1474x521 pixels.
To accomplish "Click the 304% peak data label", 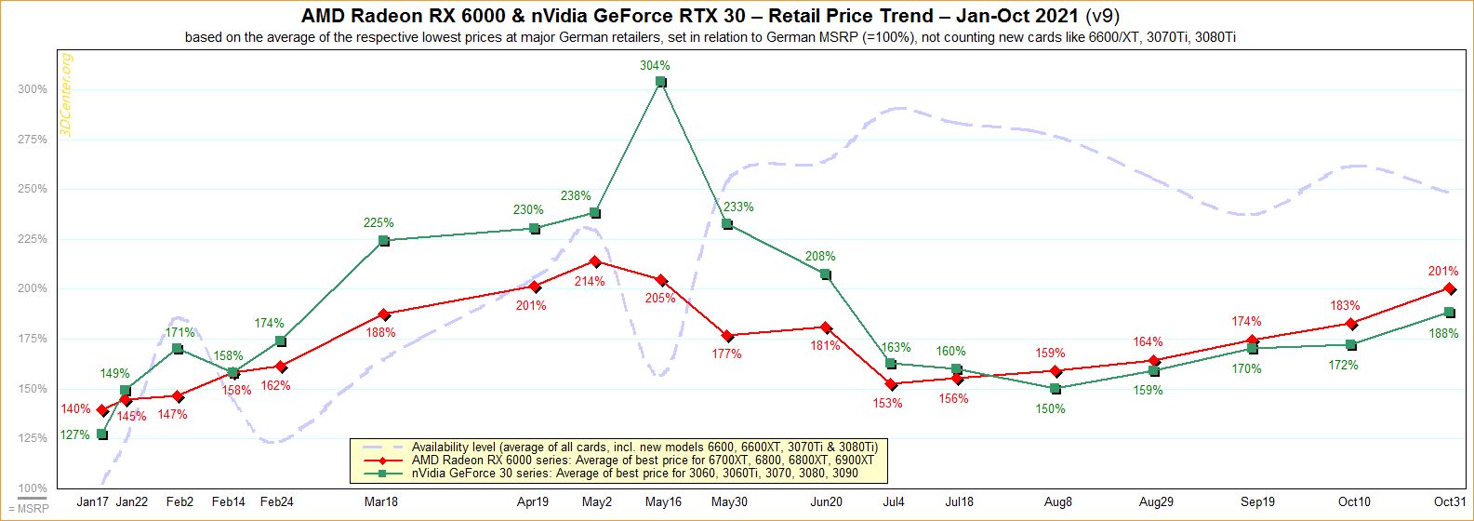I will pyautogui.click(x=655, y=66).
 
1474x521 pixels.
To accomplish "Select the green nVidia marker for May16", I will pyautogui.click(x=660, y=82).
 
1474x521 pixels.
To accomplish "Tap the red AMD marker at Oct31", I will pyautogui.click(x=1449, y=288).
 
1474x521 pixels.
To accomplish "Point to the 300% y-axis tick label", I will pyautogui.click(x=32, y=89).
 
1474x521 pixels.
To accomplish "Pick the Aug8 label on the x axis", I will pyautogui.click(x=1057, y=502).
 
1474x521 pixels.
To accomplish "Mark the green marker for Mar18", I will pyautogui.click(x=384, y=241).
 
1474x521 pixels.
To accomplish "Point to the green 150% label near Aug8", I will pyautogui.click(x=1051, y=408).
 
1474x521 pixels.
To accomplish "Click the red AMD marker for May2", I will pyautogui.click(x=595, y=261).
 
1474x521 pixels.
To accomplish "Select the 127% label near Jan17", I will pyautogui.click(x=75, y=434).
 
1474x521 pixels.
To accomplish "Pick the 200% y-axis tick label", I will pyautogui.click(x=32, y=289).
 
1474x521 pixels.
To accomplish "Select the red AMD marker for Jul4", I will pyautogui.click(x=891, y=384).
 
